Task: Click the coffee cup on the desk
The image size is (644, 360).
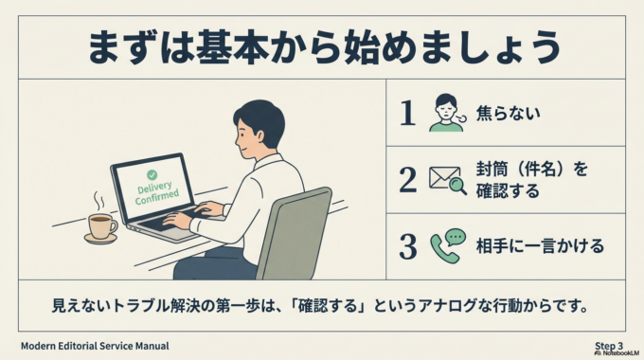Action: pyautogui.click(x=99, y=225)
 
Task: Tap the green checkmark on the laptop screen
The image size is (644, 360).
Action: pyautogui.click(x=151, y=175)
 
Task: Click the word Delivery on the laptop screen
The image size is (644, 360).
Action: pyautogui.click(x=154, y=189)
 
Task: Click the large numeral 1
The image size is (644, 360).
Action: pyautogui.click(x=407, y=114)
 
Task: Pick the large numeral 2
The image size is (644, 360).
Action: pyautogui.click(x=407, y=179)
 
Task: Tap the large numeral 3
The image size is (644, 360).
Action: pyautogui.click(x=407, y=246)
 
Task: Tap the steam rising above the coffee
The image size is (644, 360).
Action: pyautogui.click(x=98, y=202)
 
